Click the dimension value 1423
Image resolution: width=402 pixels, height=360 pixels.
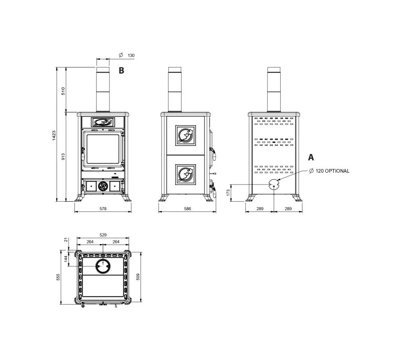[54, 135]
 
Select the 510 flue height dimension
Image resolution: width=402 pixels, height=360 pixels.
[63, 91]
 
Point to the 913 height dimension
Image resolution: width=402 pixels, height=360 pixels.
[63, 156]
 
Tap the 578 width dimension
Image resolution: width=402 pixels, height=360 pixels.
[103, 209]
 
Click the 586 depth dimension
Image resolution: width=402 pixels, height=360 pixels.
[187, 209]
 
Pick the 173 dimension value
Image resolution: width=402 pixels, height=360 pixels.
[228, 193]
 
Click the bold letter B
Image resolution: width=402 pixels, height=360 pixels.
[121, 71]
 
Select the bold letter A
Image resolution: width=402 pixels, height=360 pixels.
[311, 157]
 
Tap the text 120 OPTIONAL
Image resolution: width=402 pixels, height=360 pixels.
[332, 171]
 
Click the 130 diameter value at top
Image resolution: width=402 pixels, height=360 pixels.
[131, 56]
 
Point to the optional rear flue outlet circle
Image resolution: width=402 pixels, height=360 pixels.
[274, 184]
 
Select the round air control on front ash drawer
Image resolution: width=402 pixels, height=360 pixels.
[103, 186]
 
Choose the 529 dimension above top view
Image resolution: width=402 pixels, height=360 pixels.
[103, 235]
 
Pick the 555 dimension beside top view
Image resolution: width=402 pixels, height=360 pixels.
[58, 277]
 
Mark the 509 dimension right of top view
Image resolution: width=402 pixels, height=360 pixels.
[138, 277]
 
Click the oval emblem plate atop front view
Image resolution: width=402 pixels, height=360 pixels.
[103, 122]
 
